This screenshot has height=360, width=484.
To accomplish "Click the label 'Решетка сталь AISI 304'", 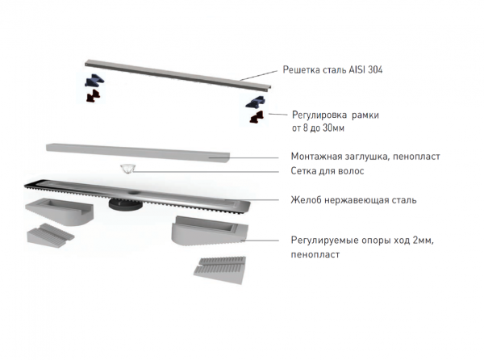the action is tap(332, 69).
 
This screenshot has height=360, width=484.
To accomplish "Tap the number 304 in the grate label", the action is tap(373, 69).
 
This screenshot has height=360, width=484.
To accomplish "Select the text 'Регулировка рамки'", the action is tap(336, 115).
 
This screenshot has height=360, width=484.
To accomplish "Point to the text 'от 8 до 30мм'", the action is tap(318, 128).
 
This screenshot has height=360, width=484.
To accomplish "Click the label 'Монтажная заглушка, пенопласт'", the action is tap(365, 157).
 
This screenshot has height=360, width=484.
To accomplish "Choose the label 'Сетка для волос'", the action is tap(328, 171).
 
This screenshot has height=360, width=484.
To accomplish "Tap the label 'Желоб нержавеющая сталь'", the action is tap(353, 200).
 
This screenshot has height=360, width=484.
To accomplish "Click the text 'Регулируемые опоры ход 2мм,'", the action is tap(362, 241).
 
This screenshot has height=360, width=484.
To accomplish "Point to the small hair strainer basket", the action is tap(127, 169).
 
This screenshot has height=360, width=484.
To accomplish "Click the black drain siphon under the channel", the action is tap(125, 204).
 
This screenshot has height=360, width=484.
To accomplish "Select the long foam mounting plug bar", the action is tap(138, 153).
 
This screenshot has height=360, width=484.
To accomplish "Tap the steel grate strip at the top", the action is tap(178, 75).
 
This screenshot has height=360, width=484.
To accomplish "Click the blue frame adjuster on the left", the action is tap(94, 80).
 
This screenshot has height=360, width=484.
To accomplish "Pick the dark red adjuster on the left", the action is tap(93, 96).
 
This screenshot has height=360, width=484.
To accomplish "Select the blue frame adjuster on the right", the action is tap(256, 103).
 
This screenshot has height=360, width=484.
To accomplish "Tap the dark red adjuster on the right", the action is tap(257, 117).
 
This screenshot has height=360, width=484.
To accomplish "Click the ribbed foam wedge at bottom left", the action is tap(51, 235).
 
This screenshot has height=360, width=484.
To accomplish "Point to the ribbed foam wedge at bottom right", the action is tap(220, 270).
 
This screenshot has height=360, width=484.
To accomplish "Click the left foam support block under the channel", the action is tap(59, 211).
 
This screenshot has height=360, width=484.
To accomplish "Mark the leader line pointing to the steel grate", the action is tap(259, 75).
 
